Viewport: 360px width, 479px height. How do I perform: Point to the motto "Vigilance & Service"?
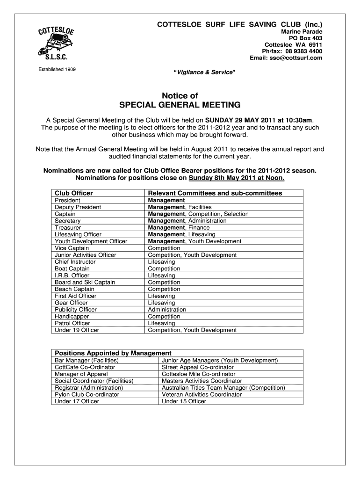click(205, 73)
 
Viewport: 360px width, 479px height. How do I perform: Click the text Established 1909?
click(58, 70)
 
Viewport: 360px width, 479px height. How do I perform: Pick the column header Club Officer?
click(74, 193)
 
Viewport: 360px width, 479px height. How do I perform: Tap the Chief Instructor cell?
click(75, 261)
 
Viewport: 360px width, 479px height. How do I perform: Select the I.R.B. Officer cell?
click(72, 276)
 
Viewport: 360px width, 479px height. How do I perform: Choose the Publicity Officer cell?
click(76, 309)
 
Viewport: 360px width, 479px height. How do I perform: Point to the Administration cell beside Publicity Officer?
click(167, 309)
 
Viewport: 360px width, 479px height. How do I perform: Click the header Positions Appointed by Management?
click(113, 353)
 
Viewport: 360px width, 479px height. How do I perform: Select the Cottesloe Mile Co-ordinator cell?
click(198, 374)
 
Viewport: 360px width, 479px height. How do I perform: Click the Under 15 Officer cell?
click(184, 401)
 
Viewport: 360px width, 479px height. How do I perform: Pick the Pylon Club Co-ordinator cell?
click(87, 394)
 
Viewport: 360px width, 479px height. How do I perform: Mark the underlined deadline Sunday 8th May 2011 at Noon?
click(236, 178)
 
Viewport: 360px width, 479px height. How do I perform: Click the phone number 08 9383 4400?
click(304, 51)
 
